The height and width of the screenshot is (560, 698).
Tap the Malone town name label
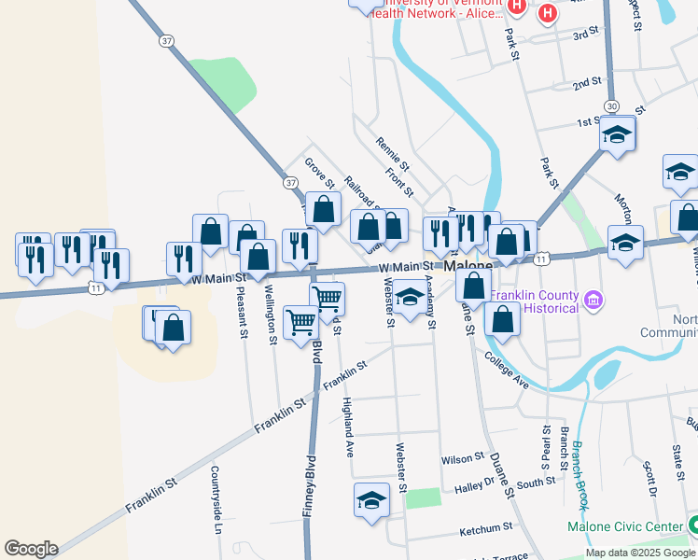click(x=468, y=267)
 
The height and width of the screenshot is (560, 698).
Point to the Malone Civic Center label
click(x=625, y=527)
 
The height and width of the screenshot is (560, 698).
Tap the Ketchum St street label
click(x=487, y=531)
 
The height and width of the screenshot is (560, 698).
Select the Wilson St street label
click(x=465, y=458)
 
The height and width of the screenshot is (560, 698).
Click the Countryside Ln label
click(x=216, y=499)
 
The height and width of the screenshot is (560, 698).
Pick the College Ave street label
click(x=507, y=370)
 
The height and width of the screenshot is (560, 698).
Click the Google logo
click(x=31, y=549)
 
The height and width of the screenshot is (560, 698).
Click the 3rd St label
click(x=585, y=35)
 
